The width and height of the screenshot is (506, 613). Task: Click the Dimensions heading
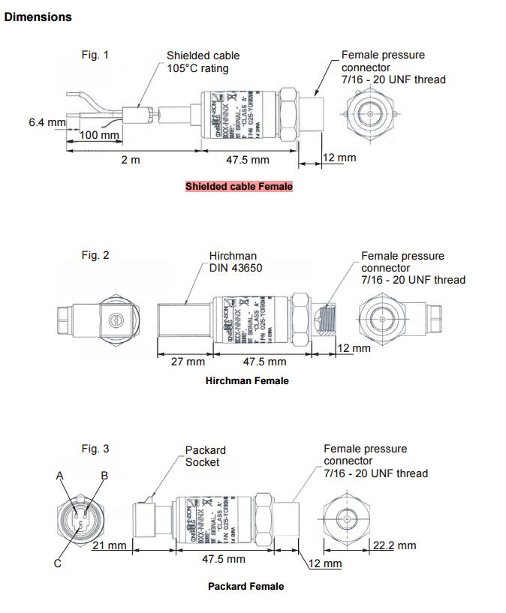point(38,17)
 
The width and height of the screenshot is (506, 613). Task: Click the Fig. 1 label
point(95,55)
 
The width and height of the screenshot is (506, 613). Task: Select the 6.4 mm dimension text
point(47,122)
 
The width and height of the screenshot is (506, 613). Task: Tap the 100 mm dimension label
point(100,135)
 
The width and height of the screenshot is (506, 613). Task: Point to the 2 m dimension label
point(131,160)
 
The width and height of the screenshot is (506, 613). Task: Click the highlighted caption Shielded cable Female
point(239,186)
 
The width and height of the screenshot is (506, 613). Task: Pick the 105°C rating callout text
point(197,68)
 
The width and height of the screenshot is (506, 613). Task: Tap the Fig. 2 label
point(95,255)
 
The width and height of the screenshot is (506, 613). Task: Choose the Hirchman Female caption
point(247,381)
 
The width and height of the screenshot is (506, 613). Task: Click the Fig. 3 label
point(95,449)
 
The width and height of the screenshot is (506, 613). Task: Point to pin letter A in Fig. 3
point(60,476)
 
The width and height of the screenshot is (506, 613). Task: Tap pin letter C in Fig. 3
point(57,564)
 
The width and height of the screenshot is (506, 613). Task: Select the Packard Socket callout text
point(205,456)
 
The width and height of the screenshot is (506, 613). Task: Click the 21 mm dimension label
point(109,545)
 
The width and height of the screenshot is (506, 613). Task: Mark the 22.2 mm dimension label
point(394,545)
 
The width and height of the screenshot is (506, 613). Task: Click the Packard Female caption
point(246,586)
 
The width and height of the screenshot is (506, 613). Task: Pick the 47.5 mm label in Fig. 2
point(264,362)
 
